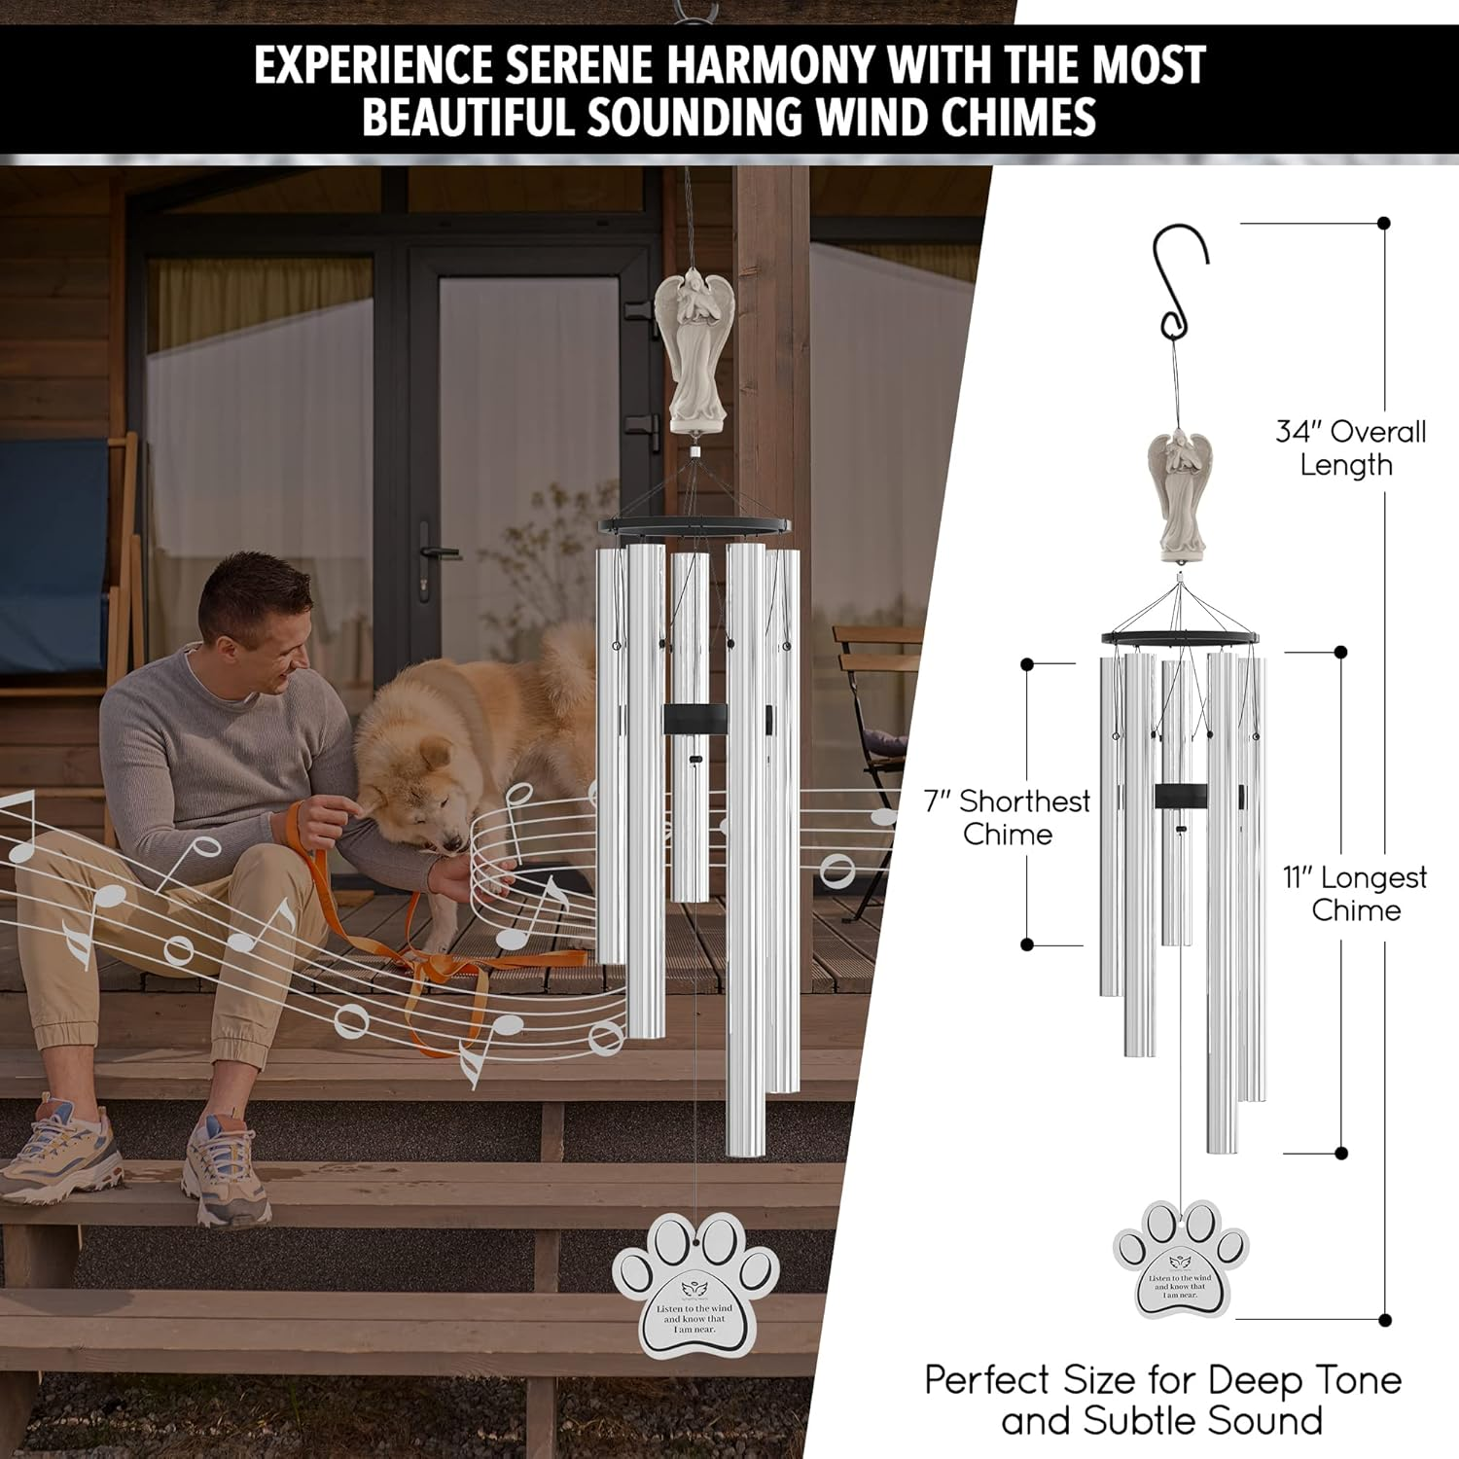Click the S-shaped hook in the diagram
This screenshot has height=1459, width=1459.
point(1181,282)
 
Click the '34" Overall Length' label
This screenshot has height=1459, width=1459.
point(1350,447)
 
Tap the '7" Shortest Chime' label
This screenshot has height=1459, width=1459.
point(1008,817)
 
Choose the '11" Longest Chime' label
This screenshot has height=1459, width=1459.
point(1355,893)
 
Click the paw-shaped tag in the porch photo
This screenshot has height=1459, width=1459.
point(694,1283)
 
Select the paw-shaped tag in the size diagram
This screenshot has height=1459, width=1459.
point(1180,1260)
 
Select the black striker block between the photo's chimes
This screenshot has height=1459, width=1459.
point(694,719)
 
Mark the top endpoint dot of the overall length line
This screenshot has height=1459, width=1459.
point(1384,224)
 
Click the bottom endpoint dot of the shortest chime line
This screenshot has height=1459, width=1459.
point(1027,944)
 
